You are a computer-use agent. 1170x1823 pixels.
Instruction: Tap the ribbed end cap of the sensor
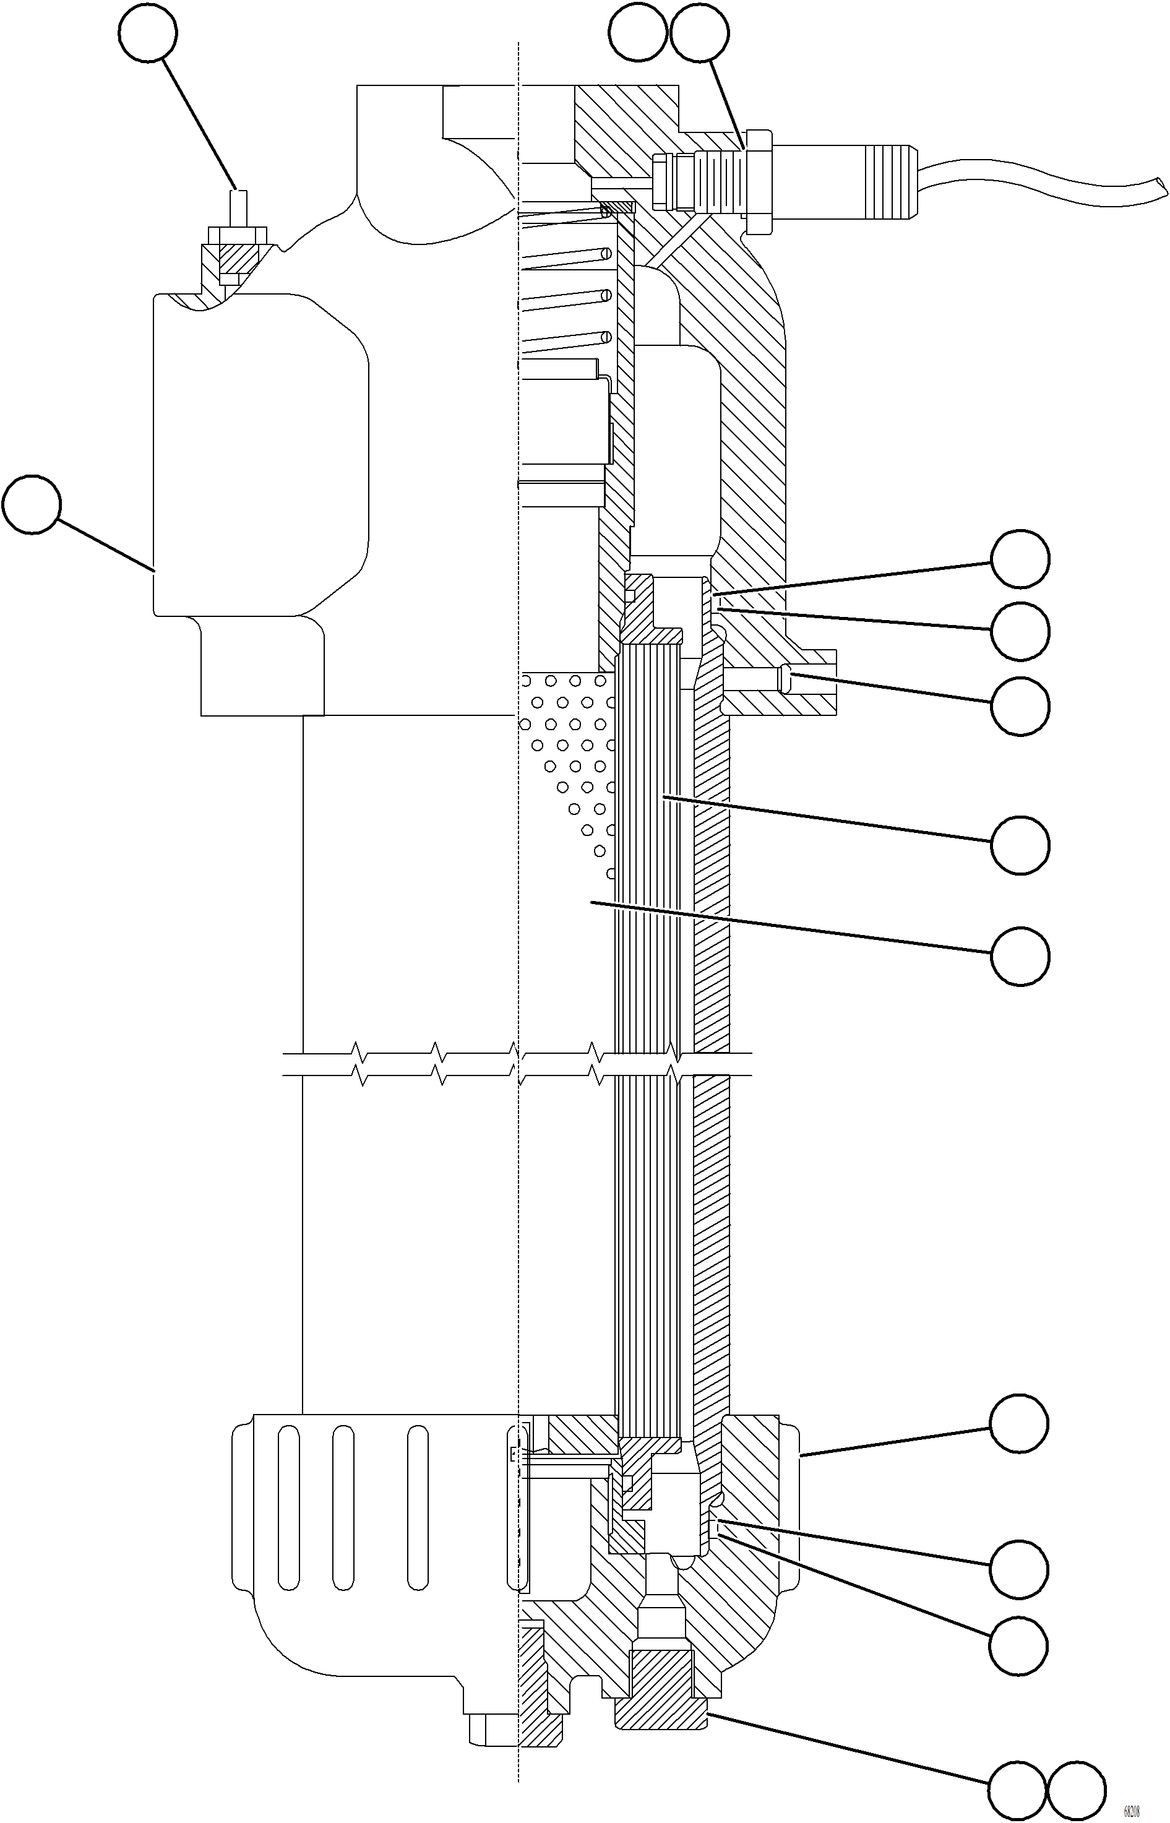click(889, 180)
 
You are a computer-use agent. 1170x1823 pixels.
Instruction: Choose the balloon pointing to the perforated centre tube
click(1020, 955)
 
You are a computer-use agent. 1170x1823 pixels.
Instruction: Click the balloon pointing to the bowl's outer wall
click(1019, 1423)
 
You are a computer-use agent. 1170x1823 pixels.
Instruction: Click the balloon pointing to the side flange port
click(1020, 706)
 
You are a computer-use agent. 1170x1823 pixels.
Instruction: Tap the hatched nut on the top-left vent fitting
click(237, 259)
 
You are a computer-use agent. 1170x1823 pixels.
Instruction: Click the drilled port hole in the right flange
click(752, 679)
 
